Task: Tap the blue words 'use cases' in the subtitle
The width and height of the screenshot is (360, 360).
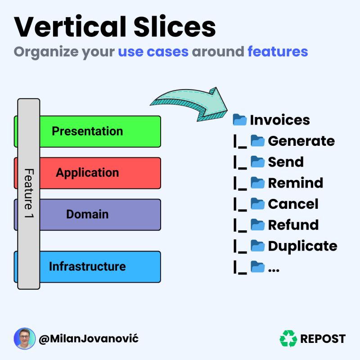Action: click(153, 51)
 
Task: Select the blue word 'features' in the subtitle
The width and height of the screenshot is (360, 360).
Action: click(278, 51)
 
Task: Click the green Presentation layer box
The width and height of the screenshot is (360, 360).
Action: click(99, 131)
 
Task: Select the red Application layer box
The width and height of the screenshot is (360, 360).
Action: click(99, 173)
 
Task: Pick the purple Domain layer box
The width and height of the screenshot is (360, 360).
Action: click(99, 214)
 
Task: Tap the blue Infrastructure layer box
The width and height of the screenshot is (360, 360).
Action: click(99, 266)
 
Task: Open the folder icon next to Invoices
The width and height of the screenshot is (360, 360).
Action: click(240, 120)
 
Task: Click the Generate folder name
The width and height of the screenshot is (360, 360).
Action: click(301, 141)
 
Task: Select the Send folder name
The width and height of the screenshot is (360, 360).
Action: click(286, 162)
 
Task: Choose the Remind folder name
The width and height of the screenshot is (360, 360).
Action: click(295, 183)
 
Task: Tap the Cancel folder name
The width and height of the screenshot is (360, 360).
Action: click(293, 204)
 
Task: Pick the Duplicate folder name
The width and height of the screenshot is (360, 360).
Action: click(302, 246)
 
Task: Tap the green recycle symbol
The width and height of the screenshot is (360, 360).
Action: click(288, 338)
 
